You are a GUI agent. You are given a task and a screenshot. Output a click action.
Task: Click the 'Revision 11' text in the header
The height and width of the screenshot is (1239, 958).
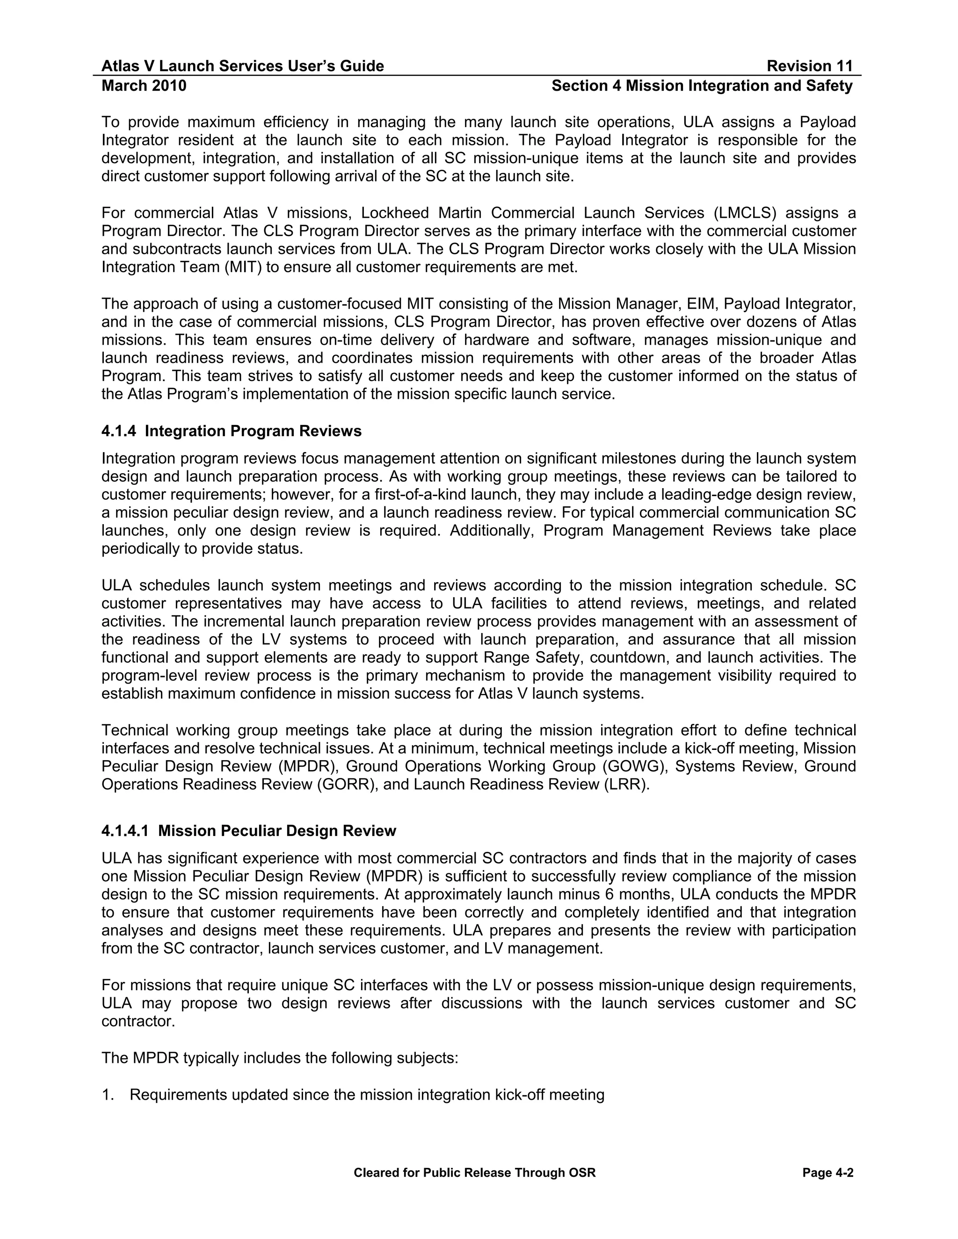809,66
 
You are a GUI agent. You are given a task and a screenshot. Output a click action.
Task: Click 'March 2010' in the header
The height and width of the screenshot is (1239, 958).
144,86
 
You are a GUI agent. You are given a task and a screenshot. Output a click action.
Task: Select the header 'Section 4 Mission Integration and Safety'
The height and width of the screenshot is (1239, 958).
702,86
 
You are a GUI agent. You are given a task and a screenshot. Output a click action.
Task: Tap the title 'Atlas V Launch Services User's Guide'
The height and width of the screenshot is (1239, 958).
242,66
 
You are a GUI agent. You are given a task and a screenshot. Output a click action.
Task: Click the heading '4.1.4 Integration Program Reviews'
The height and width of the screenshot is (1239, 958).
231,431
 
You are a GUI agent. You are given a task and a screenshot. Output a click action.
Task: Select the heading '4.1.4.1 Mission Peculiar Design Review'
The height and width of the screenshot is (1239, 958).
248,831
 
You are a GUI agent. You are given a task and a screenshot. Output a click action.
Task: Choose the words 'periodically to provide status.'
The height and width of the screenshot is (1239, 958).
202,549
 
